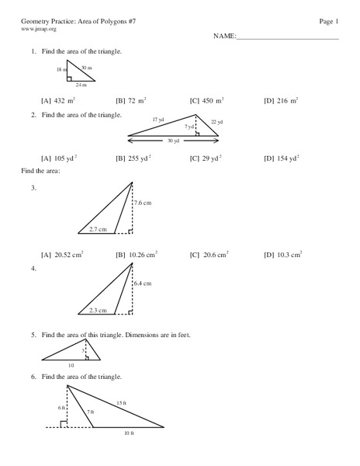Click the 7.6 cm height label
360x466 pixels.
click(x=143, y=203)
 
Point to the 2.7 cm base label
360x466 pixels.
click(x=98, y=229)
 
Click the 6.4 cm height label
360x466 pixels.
click(x=143, y=284)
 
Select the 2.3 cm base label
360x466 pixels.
click(x=98, y=310)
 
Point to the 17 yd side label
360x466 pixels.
click(x=158, y=120)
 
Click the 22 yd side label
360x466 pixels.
click(x=216, y=123)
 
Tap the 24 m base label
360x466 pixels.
click(x=81, y=85)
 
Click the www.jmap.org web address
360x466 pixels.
click(x=39, y=29)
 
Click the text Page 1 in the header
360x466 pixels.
click(x=329, y=19)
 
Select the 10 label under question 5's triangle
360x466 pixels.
click(x=71, y=363)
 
